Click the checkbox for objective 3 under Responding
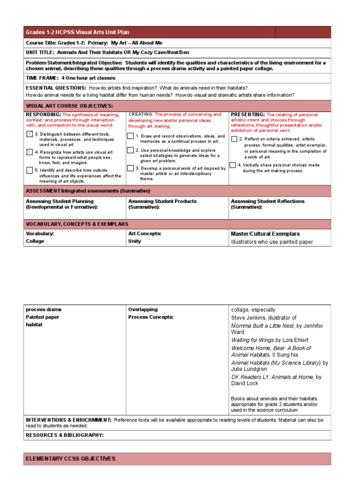30,135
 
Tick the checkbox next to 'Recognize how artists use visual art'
30,152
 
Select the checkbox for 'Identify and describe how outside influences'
30,170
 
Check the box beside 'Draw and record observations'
130,136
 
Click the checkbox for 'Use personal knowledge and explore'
130,150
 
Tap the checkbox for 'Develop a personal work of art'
130,168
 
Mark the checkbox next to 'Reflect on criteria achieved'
234,139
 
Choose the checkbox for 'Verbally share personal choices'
232,165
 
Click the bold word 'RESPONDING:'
43,114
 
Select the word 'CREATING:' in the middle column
141,114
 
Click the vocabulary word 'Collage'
35,241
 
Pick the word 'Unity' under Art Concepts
135,241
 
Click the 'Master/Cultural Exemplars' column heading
265,233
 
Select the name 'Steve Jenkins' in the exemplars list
249,318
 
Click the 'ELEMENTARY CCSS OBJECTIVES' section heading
70,458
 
